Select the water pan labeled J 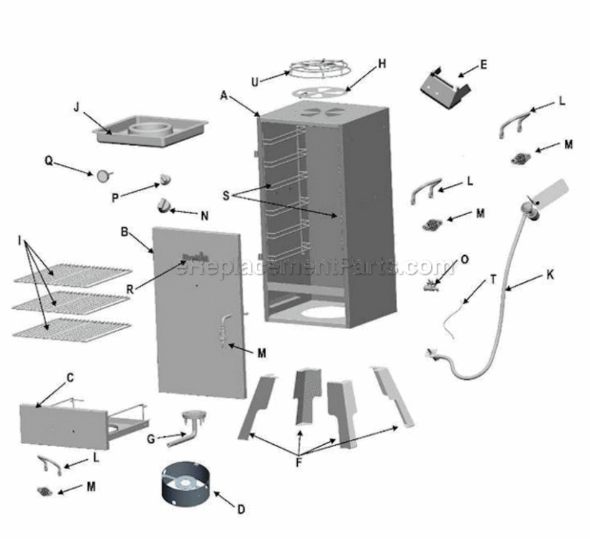(x=150, y=132)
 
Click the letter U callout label (x=254, y=80)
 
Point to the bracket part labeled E (x=445, y=86)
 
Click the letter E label (x=484, y=65)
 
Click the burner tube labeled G (x=189, y=426)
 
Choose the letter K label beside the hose (x=550, y=274)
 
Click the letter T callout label (x=493, y=280)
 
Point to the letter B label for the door (x=124, y=232)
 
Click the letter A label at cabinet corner (x=224, y=94)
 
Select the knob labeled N (x=165, y=206)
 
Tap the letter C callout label (x=70, y=378)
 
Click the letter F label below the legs (x=298, y=463)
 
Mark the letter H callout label (x=381, y=64)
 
